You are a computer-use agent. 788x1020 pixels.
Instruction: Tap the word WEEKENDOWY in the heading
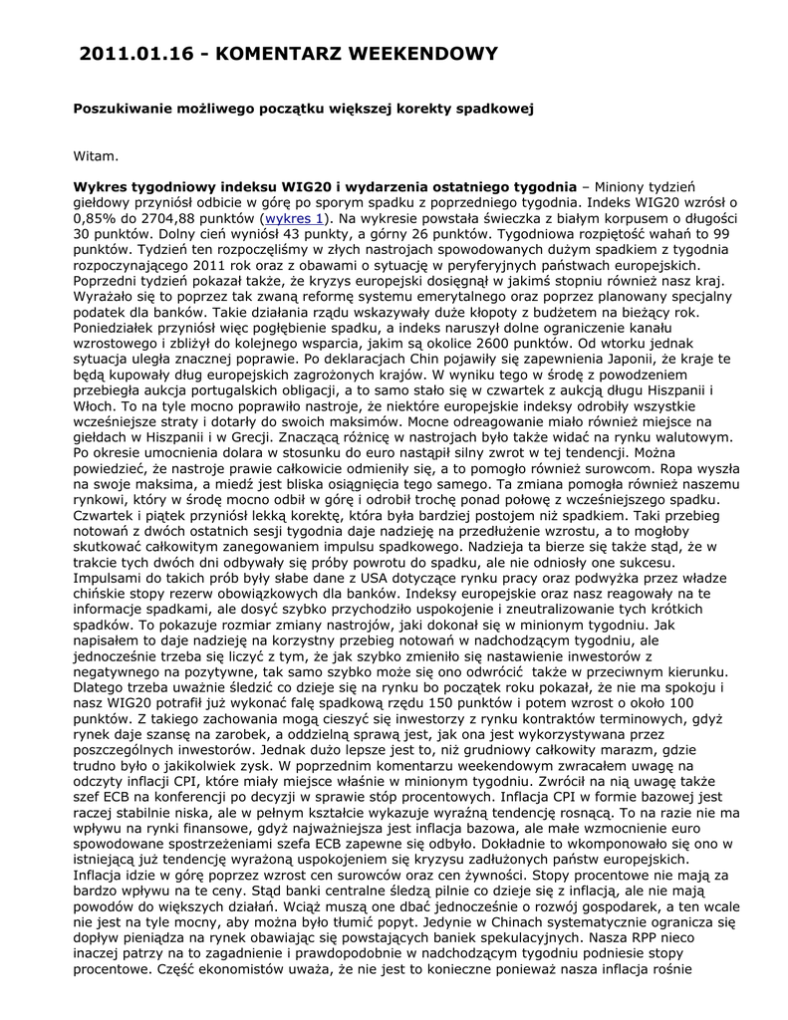[x=417, y=53]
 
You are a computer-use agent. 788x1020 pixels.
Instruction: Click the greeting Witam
[x=97, y=155]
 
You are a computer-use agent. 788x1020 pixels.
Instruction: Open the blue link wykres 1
[x=293, y=218]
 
